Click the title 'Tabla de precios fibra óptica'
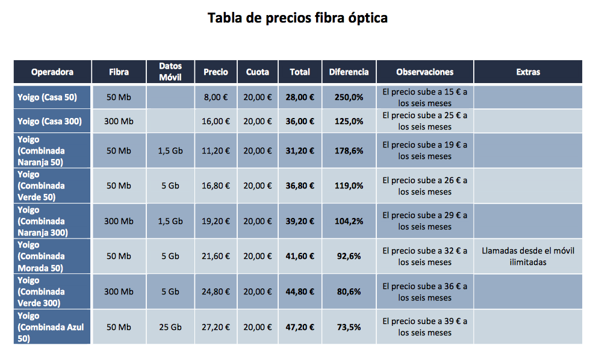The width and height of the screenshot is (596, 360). click(x=297, y=18)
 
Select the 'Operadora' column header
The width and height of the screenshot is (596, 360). click(x=52, y=72)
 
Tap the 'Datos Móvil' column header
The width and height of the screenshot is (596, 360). click(x=170, y=72)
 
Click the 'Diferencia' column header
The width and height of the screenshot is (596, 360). click(x=349, y=72)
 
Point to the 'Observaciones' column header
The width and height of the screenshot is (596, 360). click(x=424, y=72)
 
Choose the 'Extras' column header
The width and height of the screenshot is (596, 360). click(x=528, y=72)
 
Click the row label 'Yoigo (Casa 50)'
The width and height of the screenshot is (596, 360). click(x=47, y=97)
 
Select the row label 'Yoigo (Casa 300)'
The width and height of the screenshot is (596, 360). click(x=49, y=121)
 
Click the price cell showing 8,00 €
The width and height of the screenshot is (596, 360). click(x=216, y=97)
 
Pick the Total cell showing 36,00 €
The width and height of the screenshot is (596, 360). click(x=300, y=121)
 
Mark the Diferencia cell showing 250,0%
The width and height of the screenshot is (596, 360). click(x=349, y=97)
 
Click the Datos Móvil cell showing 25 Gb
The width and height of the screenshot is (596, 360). click(x=170, y=327)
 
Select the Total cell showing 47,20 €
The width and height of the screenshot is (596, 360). click(x=300, y=327)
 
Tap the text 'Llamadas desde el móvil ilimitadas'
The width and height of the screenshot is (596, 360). click(x=527, y=256)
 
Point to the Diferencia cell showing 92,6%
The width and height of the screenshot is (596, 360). click(x=349, y=256)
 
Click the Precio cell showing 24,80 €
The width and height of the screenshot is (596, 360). click(x=216, y=291)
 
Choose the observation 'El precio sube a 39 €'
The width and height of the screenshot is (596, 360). click(x=424, y=327)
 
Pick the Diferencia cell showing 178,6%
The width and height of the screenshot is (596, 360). click(x=349, y=151)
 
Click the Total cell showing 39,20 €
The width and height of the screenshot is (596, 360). click(x=300, y=221)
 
